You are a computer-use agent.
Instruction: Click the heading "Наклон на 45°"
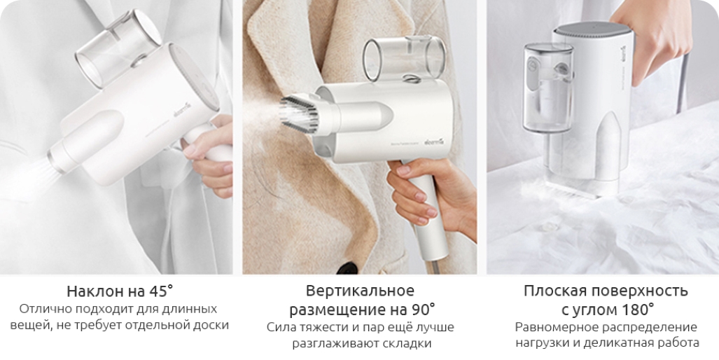(120, 291)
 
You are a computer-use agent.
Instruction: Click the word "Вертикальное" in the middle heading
(360, 291)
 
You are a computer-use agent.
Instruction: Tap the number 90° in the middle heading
(420, 310)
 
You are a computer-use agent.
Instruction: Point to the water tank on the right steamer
(548, 87)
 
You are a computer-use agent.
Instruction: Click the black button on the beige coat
(348, 268)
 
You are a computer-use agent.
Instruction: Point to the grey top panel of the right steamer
(593, 27)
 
